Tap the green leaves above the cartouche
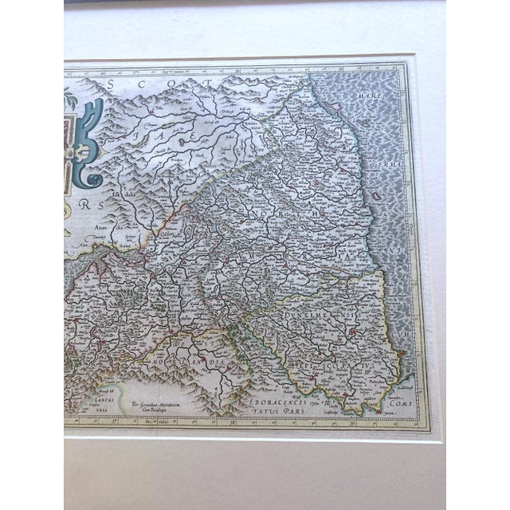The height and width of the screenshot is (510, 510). point(70,100)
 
